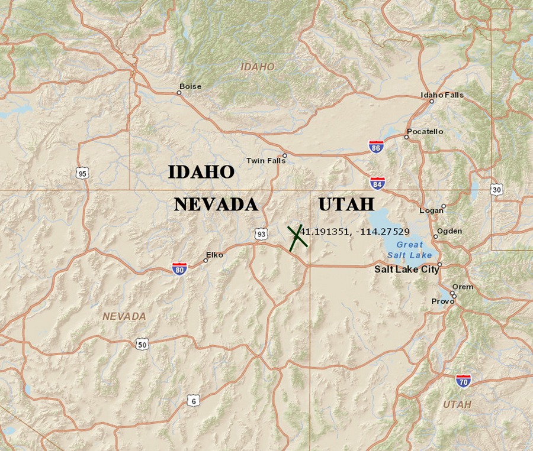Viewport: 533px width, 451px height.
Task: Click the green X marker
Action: point(297,237)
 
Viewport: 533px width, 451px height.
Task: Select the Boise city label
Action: point(190,86)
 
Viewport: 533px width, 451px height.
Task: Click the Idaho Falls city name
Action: point(442,95)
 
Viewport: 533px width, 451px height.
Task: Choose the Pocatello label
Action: point(425,131)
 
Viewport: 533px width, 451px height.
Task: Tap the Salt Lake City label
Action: point(406,269)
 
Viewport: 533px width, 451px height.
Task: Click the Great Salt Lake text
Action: point(409,249)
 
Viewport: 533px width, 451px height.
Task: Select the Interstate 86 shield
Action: point(375,147)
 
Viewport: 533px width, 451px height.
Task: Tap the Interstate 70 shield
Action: point(463,380)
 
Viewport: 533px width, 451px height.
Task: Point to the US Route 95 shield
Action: point(82,173)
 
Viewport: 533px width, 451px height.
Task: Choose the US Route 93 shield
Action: point(261,235)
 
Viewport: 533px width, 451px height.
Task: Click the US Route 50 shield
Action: point(142,345)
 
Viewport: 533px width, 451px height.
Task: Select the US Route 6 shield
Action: point(192,401)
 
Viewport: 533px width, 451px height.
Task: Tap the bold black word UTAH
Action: point(346,205)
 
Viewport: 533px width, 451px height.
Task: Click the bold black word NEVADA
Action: point(216,205)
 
